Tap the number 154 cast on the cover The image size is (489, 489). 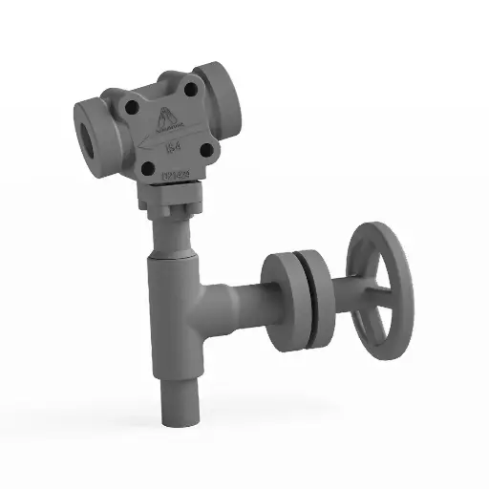(x=174, y=147)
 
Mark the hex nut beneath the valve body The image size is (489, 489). (x=169, y=206)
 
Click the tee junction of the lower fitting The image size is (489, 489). (x=178, y=296)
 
